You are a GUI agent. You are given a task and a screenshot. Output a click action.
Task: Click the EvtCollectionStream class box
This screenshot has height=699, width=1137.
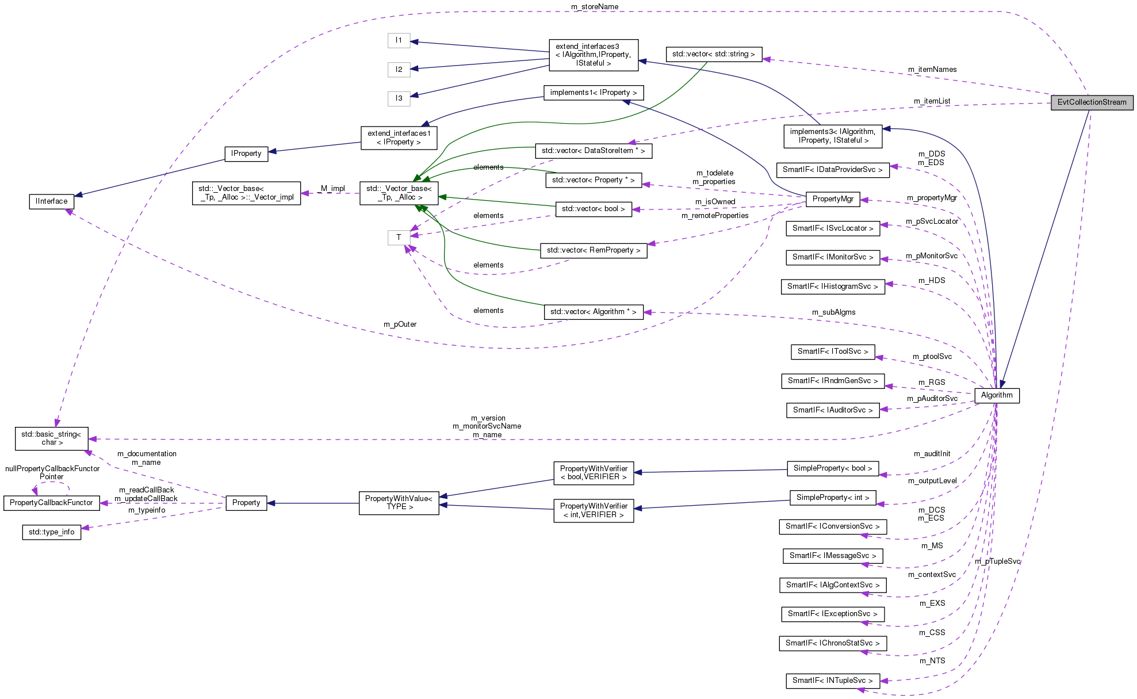1092,102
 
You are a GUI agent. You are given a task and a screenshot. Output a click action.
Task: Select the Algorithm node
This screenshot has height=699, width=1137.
997,395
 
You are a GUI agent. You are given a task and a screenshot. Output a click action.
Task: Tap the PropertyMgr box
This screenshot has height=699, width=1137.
832,199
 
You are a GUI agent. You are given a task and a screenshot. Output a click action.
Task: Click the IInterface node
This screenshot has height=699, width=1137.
51,201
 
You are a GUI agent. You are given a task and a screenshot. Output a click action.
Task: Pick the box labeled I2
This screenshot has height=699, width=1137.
399,70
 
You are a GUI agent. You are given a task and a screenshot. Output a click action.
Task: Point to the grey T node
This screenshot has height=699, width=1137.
399,237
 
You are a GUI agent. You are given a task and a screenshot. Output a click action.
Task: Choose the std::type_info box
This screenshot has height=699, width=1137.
51,532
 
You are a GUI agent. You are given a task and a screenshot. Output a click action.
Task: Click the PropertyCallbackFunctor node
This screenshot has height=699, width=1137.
51,503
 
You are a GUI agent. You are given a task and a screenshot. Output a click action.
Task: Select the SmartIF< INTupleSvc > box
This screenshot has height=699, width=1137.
832,681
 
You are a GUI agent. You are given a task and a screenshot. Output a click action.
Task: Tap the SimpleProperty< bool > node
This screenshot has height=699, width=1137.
832,468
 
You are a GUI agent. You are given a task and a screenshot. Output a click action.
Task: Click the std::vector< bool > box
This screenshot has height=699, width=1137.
593,209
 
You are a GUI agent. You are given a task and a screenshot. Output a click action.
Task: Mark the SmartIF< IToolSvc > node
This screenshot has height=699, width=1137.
832,352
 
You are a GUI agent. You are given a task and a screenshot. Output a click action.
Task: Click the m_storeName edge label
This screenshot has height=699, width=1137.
595,7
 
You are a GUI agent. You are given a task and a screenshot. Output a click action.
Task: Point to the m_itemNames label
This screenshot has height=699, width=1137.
932,70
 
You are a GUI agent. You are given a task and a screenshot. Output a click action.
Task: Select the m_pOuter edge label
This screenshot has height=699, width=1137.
400,324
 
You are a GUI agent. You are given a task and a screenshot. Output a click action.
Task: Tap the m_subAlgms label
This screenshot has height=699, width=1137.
833,312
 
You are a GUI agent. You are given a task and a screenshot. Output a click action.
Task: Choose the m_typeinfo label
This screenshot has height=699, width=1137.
147,510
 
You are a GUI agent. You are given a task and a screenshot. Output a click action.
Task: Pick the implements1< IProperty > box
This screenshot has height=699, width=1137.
593,93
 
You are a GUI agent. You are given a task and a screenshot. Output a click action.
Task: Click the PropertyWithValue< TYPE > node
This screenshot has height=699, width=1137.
399,503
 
